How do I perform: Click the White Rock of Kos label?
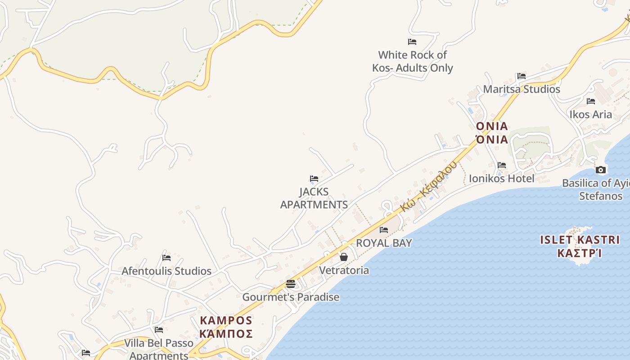[x=412, y=62]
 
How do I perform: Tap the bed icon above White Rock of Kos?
[x=412, y=42]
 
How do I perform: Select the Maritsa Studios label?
[x=522, y=89]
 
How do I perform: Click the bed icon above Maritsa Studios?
[x=522, y=76]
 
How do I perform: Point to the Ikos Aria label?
[x=590, y=114]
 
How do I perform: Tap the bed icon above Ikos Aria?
[x=591, y=101]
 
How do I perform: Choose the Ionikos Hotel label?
[x=502, y=178]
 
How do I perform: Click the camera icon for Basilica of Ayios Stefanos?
[x=600, y=170]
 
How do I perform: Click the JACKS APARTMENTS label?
[x=314, y=198]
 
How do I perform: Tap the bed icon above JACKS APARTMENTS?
[x=314, y=179]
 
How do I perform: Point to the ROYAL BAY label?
[x=384, y=243]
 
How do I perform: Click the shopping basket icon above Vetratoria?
[x=344, y=257]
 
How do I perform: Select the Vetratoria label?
[x=344, y=270]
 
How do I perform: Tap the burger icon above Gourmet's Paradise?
[x=291, y=284]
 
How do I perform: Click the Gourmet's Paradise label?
[x=291, y=297]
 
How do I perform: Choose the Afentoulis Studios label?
[x=166, y=271]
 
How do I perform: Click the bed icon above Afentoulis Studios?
[x=166, y=258]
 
